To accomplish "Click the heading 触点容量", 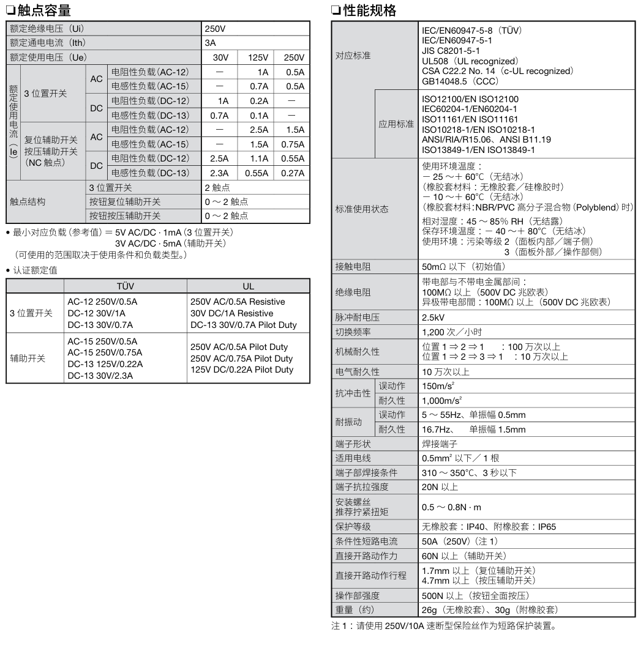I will tap(40, 10).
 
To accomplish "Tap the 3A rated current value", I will tap(211, 43).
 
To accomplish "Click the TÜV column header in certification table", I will tap(125, 286).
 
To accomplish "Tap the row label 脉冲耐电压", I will tap(356, 319).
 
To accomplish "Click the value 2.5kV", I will tap(433, 319).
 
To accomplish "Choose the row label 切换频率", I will tap(353, 332).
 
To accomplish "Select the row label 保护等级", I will tap(353, 526).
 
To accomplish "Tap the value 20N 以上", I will tap(440, 487).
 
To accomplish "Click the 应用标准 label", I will tap(396, 124).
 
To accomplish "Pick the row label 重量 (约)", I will tap(355, 610).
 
